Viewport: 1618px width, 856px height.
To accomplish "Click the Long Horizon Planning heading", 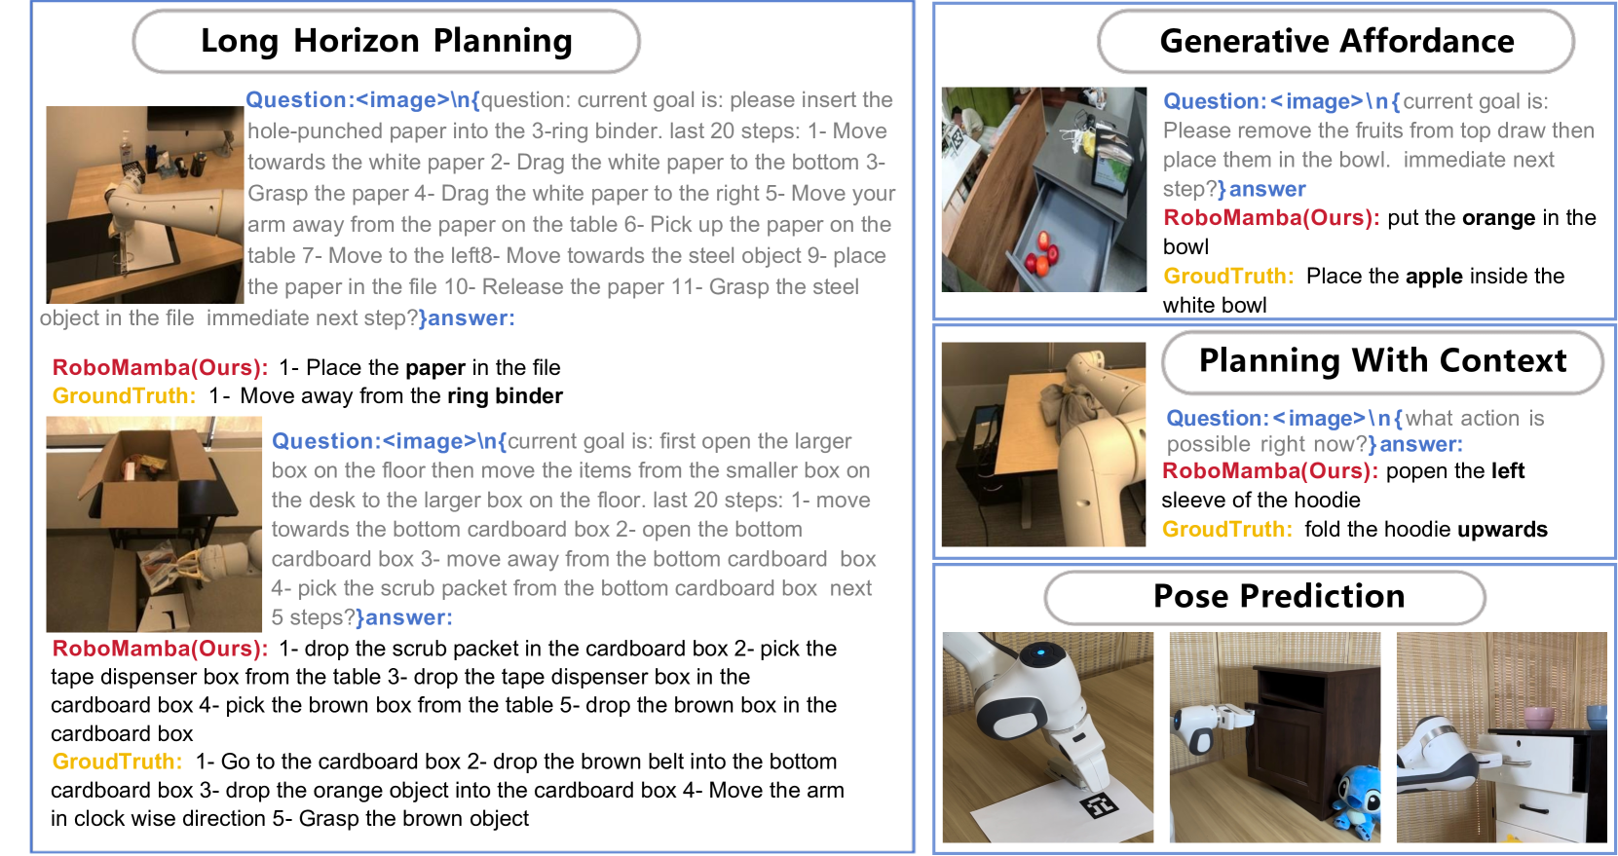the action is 387,41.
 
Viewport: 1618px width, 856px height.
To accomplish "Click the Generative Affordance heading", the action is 1337,41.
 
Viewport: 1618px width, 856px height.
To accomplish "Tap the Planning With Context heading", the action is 1382,360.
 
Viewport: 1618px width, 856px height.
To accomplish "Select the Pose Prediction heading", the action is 1278,597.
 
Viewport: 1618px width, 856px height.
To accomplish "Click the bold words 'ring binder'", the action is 505,395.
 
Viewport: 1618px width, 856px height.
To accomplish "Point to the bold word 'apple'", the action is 1435,276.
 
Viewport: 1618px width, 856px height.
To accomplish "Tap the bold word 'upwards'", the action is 1502,530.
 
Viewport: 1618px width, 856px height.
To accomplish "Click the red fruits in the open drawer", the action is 1042,254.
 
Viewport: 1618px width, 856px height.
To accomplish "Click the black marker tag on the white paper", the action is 1099,805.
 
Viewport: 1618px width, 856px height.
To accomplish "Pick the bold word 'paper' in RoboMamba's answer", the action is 435,368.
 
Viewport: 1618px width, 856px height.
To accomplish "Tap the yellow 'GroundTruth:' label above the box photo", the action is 124,395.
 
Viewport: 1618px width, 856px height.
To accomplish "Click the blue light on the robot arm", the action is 1040,653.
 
